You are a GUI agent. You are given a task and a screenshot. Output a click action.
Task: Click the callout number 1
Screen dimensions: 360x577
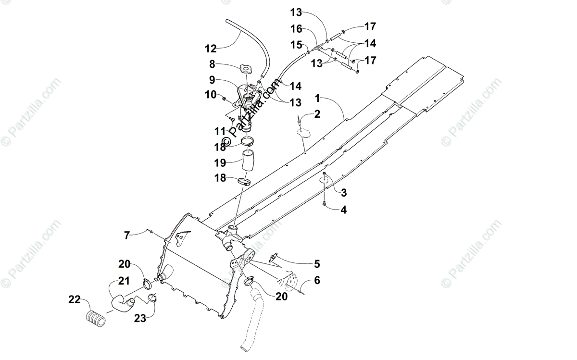click(317, 98)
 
